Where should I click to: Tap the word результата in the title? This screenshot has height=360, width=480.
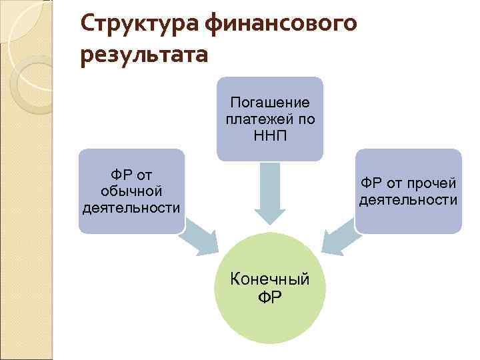tap(144, 53)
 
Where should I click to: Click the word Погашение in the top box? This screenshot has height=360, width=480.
tap(269, 103)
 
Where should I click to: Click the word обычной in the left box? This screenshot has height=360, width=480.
tap(131, 192)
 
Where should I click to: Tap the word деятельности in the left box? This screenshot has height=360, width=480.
tap(131, 207)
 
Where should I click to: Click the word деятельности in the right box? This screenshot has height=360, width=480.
tap(408, 200)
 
